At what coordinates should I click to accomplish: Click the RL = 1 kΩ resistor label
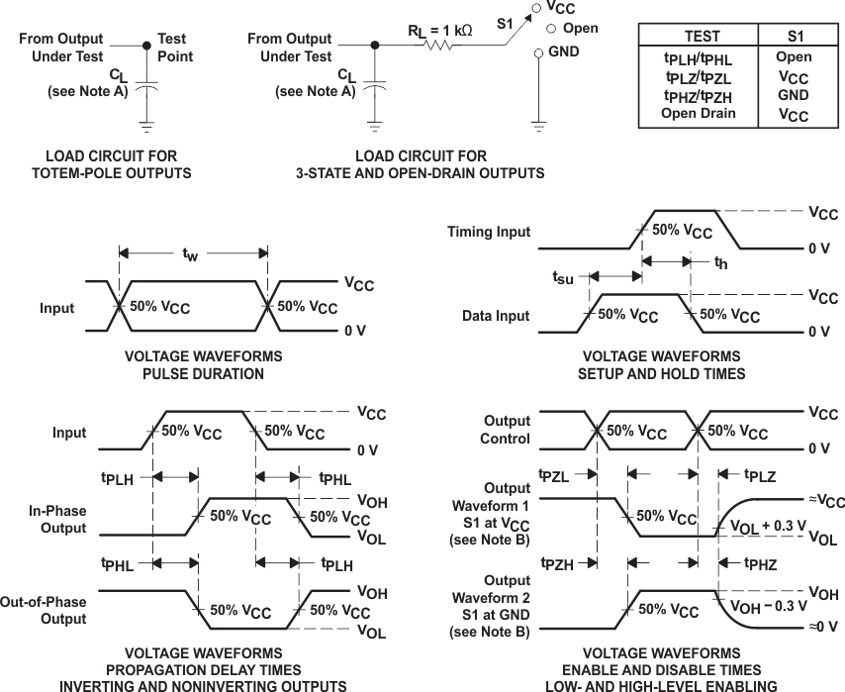click(x=439, y=30)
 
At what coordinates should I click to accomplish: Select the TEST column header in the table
click(x=702, y=36)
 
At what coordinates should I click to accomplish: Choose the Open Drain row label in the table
click(x=699, y=114)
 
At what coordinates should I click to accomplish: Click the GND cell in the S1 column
click(x=793, y=95)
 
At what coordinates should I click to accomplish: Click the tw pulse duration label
click(x=190, y=255)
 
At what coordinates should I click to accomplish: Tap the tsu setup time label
click(x=562, y=278)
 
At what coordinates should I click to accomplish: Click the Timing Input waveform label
click(x=489, y=232)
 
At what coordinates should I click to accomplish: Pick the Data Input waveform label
click(x=496, y=316)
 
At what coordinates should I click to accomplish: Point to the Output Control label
click(x=507, y=430)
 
